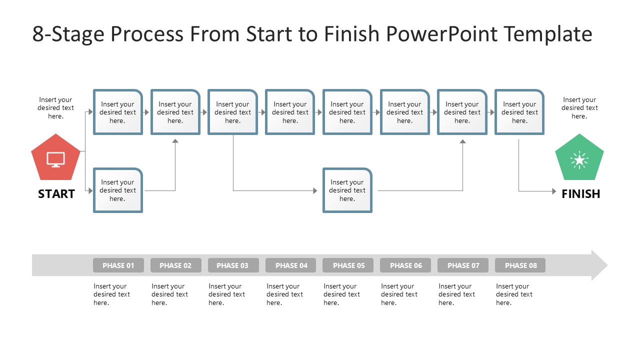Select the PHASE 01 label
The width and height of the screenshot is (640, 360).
[118, 265]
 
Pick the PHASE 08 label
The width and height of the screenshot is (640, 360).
[520, 265]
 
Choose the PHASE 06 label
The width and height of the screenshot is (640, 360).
[405, 265]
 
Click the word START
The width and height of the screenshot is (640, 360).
[56, 194]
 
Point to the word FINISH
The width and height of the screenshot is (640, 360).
[580, 194]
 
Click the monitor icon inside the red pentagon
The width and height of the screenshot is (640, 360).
[55, 159]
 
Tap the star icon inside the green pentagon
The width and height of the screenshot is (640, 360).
[579, 160]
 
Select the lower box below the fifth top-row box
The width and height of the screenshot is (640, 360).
[347, 190]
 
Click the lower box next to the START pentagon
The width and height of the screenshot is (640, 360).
[118, 190]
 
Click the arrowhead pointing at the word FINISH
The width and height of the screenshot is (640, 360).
[553, 191]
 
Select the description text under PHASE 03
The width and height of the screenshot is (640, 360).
[226, 294]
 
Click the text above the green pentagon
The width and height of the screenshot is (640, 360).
[579, 108]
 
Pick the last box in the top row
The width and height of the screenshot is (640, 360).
[519, 112]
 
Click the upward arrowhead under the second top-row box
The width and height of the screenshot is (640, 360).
[175, 141]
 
